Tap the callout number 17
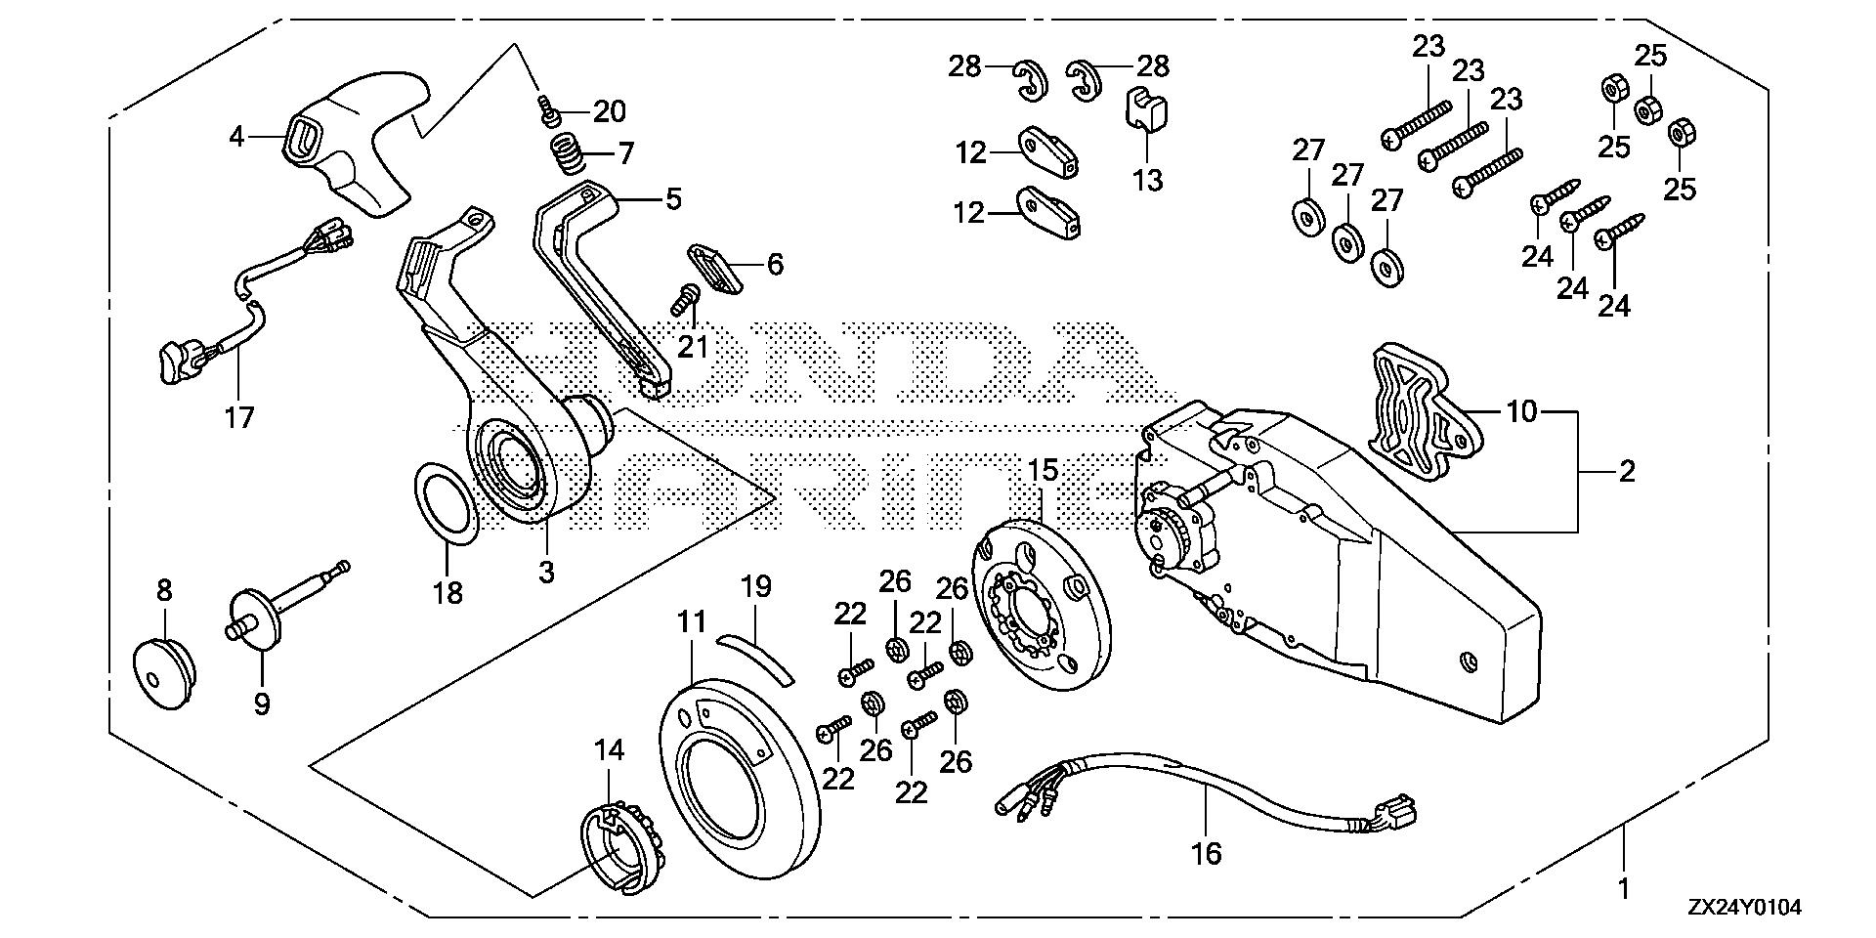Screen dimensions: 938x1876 (239, 417)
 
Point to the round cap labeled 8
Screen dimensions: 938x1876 (162, 665)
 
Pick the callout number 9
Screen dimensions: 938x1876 (262, 703)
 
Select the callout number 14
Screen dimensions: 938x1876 (609, 750)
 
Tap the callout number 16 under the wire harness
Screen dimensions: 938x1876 (1208, 853)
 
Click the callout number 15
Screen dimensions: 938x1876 (1045, 470)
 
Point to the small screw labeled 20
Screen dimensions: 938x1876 (550, 116)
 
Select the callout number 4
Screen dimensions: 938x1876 (236, 136)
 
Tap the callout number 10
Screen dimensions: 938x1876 (1521, 411)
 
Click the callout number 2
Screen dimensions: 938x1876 (1626, 472)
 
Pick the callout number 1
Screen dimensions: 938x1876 (1623, 889)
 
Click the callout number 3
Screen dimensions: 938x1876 (545, 572)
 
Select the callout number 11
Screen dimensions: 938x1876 (692, 621)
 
